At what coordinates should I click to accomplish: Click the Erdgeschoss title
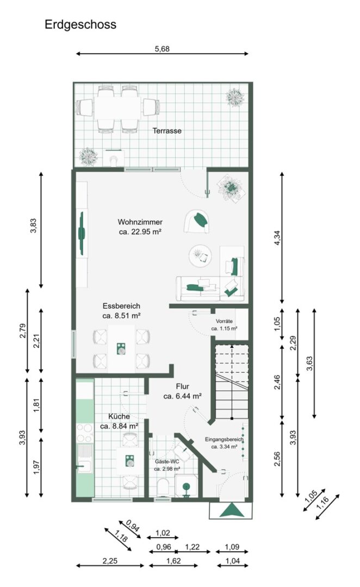click(80, 24)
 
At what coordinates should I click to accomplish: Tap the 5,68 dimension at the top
click(162, 49)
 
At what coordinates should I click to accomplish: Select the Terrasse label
click(167, 130)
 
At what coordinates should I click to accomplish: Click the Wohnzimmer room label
click(140, 222)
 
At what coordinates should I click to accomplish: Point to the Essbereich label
click(121, 306)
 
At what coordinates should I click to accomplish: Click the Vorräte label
click(224, 321)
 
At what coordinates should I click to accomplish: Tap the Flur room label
click(182, 386)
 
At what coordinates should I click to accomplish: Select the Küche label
click(119, 416)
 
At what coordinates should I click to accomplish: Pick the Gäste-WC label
click(167, 461)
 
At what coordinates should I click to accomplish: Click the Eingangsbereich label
click(224, 440)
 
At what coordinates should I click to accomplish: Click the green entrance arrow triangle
click(232, 510)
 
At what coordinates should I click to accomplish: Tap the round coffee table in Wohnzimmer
click(200, 256)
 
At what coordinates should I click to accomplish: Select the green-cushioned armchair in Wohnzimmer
click(197, 221)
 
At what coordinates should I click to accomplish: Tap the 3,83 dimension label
click(34, 226)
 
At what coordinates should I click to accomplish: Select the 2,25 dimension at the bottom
click(110, 561)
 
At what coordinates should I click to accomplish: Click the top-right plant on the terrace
click(235, 98)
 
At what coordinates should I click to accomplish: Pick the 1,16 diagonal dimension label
click(322, 502)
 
